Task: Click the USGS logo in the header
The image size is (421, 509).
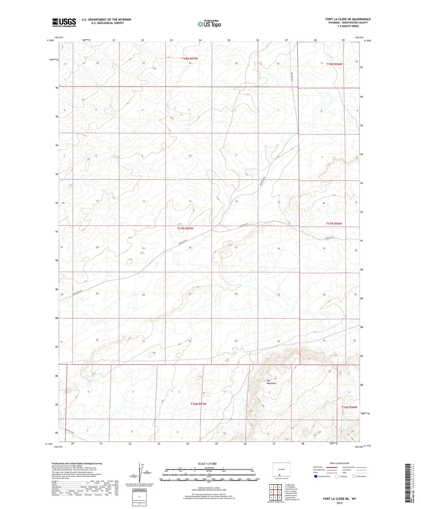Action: pyautogui.click(x=64, y=22)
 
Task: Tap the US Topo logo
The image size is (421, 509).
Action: pyautogui.click(x=209, y=24)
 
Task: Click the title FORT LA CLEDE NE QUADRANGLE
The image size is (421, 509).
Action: pyautogui.click(x=348, y=19)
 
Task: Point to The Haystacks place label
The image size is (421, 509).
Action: pyautogui.click(x=271, y=382)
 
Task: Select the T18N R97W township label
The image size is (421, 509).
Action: pyautogui.click(x=190, y=59)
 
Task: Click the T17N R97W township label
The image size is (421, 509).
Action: pyautogui.click(x=185, y=229)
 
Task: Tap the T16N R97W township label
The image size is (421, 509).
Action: pyautogui.click(x=198, y=404)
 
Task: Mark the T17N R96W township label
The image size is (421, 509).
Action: pyautogui.click(x=334, y=224)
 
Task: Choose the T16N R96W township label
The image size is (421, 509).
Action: pyautogui.click(x=349, y=407)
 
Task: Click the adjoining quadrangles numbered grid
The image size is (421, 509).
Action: pyautogui.click(x=275, y=492)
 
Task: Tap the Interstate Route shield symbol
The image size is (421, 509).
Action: pyautogui.click(x=316, y=476)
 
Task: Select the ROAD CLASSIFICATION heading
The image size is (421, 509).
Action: pyautogui.click(x=339, y=463)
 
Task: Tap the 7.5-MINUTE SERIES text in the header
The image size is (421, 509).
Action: pyautogui.click(x=348, y=26)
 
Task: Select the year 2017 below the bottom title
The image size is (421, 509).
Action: pyautogui.click(x=339, y=503)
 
